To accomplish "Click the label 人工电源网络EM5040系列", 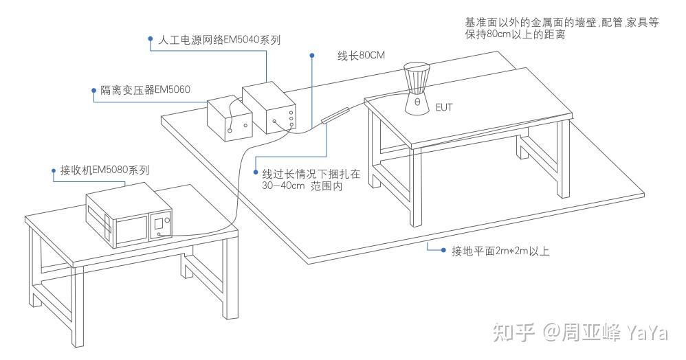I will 219,40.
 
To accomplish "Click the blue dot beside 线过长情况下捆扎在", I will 256,172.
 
